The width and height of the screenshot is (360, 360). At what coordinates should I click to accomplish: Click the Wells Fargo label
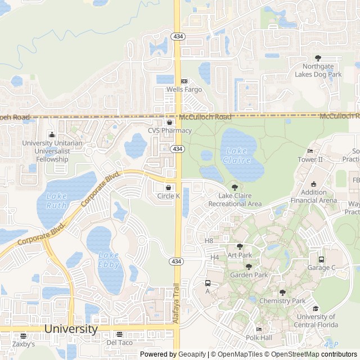184,89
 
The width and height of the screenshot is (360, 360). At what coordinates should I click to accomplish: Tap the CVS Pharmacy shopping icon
169,122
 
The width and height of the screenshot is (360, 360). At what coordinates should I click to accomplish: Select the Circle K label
168,196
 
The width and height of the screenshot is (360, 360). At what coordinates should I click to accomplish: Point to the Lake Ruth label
56,201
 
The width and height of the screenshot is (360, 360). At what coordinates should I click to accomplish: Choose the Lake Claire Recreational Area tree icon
235,187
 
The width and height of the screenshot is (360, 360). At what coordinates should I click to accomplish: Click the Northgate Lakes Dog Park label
318,70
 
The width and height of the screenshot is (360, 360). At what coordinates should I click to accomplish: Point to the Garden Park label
249,275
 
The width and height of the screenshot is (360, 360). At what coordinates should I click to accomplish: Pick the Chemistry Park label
282,301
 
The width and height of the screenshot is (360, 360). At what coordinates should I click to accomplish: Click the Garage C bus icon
321,259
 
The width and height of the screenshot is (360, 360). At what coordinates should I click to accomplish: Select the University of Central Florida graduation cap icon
316,308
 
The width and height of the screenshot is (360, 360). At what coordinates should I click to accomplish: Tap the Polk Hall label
259,337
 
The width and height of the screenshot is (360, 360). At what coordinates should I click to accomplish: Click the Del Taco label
119,342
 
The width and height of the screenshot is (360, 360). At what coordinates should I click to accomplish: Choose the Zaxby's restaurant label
23,344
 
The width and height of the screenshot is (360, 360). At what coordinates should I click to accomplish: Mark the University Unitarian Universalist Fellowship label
52,151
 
